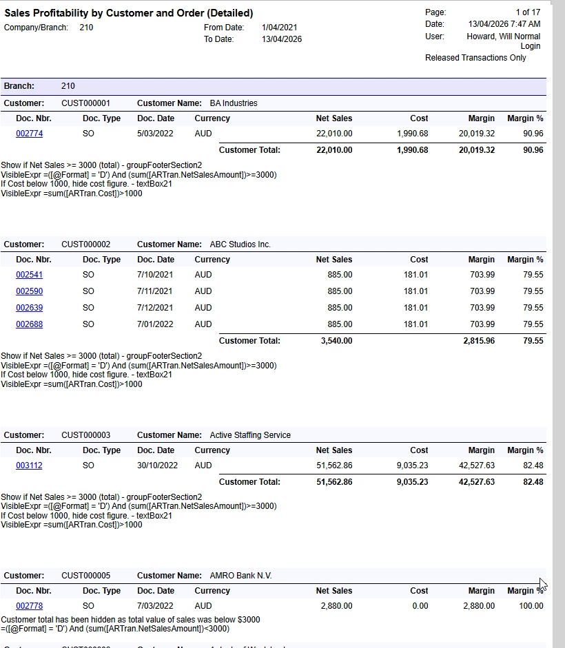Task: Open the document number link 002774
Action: pyautogui.click(x=29, y=134)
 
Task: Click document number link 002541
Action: pyautogui.click(x=29, y=275)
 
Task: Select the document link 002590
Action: pyautogui.click(x=29, y=291)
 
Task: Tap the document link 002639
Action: pyautogui.click(x=29, y=308)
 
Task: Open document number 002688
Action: pyautogui.click(x=29, y=324)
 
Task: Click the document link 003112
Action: pyautogui.click(x=29, y=466)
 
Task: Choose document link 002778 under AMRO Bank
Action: pyautogui.click(x=29, y=606)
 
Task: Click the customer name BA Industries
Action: pyautogui.click(x=234, y=103)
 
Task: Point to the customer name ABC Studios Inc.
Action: pyautogui.click(x=240, y=244)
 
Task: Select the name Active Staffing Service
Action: pyautogui.click(x=250, y=435)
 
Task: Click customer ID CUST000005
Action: pyautogui.click(x=85, y=576)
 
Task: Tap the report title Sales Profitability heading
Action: pyautogui.click(x=129, y=13)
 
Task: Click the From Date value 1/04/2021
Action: pyautogui.click(x=280, y=28)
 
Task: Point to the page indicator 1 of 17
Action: pyautogui.click(x=528, y=12)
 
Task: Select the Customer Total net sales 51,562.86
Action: pyautogui.click(x=334, y=482)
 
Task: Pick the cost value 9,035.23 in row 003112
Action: pyautogui.click(x=412, y=466)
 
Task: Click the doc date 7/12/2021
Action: pyautogui.click(x=155, y=308)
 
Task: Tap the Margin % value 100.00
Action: pyautogui.click(x=531, y=606)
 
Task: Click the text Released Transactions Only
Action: pyautogui.click(x=475, y=58)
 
